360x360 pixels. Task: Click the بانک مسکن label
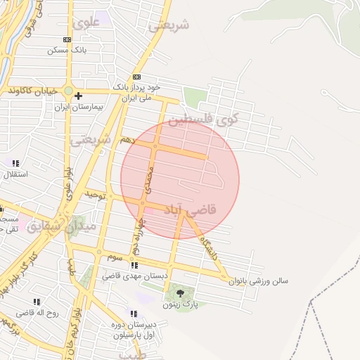(x=67, y=51)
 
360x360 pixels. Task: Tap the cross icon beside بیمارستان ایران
(x=78, y=96)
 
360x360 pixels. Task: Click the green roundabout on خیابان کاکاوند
(x=67, y=91)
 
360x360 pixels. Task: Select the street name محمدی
(x=148, y=180)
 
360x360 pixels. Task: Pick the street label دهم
(x=127, y=139)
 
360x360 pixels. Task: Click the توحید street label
(x=95, y=193)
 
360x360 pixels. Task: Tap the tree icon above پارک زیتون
(x=180, y=293)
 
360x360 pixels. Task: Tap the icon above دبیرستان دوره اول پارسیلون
(x=133, y=314)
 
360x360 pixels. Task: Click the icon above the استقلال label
(x=15, y=163)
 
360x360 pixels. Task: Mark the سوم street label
(x=116, y=258)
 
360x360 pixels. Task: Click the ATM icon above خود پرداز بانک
(x=136, y=77)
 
